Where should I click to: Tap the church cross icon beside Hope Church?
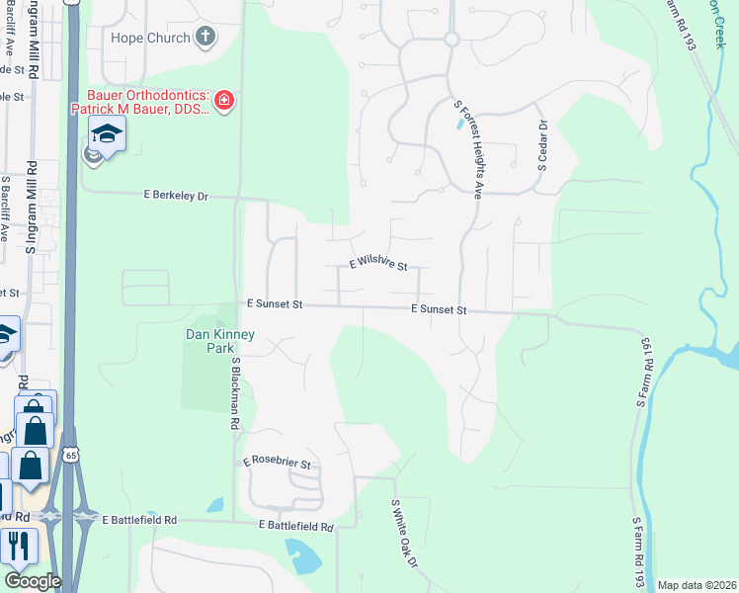coord(205,39)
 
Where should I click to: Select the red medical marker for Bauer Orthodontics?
coord(224,100)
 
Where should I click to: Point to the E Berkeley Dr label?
coord(176,196)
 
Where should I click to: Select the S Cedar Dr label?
coord(542,145)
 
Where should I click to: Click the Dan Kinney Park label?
coord(220,341)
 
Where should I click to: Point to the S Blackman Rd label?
coord(236,392)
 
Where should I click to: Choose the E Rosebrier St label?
coord(277,463)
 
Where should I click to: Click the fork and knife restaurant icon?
coord(18,546)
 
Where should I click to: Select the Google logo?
coord(32,581)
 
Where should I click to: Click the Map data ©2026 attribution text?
coord(696,585)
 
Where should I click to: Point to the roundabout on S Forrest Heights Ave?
coord(451,40)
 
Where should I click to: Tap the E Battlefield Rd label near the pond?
coord(293,527)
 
